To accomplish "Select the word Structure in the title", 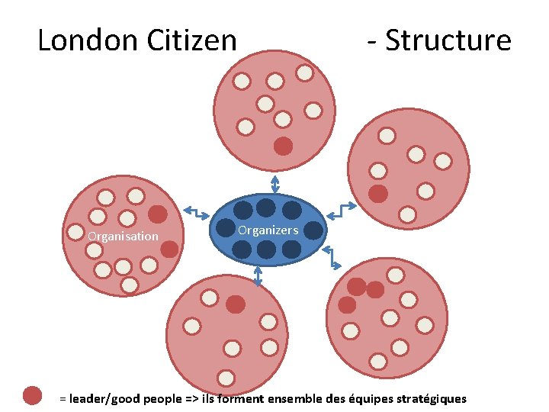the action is coord(448,40).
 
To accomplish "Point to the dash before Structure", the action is coord(371,40).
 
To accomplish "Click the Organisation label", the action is coord(123,237).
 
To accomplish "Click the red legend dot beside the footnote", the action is coord(32,395).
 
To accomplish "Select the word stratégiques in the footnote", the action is coord(431,399).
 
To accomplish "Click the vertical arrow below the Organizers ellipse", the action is coord(258,275).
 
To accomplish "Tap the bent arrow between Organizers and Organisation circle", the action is coord(197,214).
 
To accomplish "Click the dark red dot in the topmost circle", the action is coord(283,146).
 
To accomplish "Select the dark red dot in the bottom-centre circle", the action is coord(236,304).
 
